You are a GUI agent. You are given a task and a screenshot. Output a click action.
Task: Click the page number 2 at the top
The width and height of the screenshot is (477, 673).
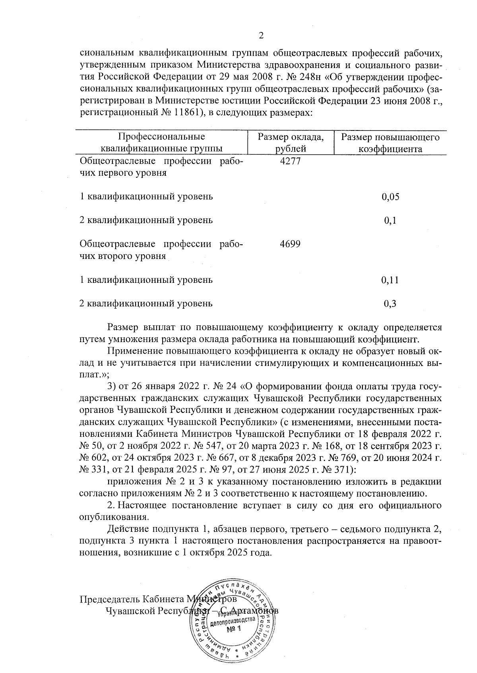point(261,36)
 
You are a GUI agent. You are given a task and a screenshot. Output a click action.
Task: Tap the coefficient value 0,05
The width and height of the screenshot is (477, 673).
point(390,197)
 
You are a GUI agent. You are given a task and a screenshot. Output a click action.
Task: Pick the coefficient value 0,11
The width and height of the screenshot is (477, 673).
point(390,280)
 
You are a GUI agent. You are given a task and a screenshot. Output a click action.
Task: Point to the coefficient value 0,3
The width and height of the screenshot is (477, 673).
point(390,304)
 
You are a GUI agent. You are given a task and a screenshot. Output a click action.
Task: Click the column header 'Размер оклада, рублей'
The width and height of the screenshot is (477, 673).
point(291,143)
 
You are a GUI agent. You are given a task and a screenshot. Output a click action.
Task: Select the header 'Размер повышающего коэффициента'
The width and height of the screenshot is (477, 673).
point(390,143)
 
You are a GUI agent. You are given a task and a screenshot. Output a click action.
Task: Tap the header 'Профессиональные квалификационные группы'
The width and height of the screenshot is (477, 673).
point(161,143)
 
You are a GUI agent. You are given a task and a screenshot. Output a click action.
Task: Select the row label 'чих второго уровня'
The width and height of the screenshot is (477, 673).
point(123,256)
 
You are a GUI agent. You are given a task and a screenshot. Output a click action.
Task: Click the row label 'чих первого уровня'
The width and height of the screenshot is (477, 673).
point(123,173)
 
